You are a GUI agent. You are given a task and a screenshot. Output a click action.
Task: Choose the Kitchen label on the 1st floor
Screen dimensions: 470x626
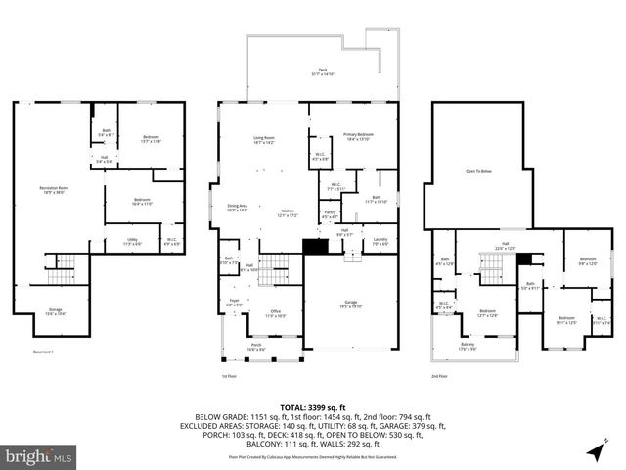coord(288,212)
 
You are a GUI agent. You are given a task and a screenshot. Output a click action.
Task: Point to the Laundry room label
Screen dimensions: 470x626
coord(380,239)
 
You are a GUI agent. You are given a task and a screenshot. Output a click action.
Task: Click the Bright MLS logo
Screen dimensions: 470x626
coord(39,456)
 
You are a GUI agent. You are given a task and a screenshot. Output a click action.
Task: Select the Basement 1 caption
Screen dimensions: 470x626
coord(43,352)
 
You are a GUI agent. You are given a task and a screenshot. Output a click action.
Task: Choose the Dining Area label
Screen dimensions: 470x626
coord(238,207)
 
